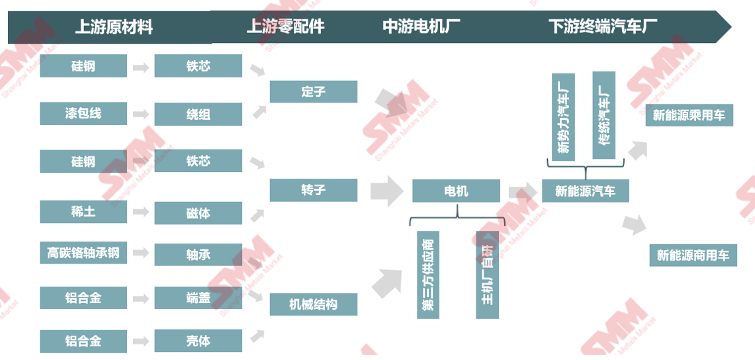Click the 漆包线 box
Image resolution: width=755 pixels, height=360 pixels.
pyautogui.click(x=83, y=113)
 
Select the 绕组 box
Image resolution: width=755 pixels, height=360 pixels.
pyautogui.click(x=198, y=114)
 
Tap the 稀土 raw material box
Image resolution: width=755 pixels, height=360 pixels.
pyautogui.click(x=83, y=212)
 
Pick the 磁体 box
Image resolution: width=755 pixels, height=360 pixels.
pyautogui.click(x=198, y=213)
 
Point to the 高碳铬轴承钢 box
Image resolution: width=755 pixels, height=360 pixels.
pyautogui.click(x=83, y=253)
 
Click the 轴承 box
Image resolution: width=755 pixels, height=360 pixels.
pyautogui.click(x=198, y=254)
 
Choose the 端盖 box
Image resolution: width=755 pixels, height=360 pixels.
pyautogui.click(x=198, y=298)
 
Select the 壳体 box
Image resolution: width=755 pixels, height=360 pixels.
pyautogui.click(x=198, y=341)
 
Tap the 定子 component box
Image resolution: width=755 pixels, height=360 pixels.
pyautogui.click(x=313, y=91)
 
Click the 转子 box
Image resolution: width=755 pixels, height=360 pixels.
pyautogui.click(x=313, y=190)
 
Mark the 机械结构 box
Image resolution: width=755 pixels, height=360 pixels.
pyautogui.click(x=313, y=304)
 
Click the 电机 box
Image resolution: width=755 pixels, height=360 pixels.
pyautogui.click(x=456, y=191)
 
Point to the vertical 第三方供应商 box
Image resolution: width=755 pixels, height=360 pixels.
pyautogui.click(x=428, y=275)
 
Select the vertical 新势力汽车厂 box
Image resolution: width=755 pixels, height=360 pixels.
pyautogui.click(x=563, y=115)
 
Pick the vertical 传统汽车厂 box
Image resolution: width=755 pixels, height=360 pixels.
pyautogui.click(x=603, y=115)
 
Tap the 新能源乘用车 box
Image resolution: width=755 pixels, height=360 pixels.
pyautogui.click(x=689, y=115)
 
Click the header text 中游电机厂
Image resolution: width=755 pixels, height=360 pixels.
pyautogui.click(x=422, y=26)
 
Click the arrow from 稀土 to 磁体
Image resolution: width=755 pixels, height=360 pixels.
pyautogui.click(x=140, y=212)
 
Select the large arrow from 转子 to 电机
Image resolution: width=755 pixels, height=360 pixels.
pyautogui.click(x=386, y=191)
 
